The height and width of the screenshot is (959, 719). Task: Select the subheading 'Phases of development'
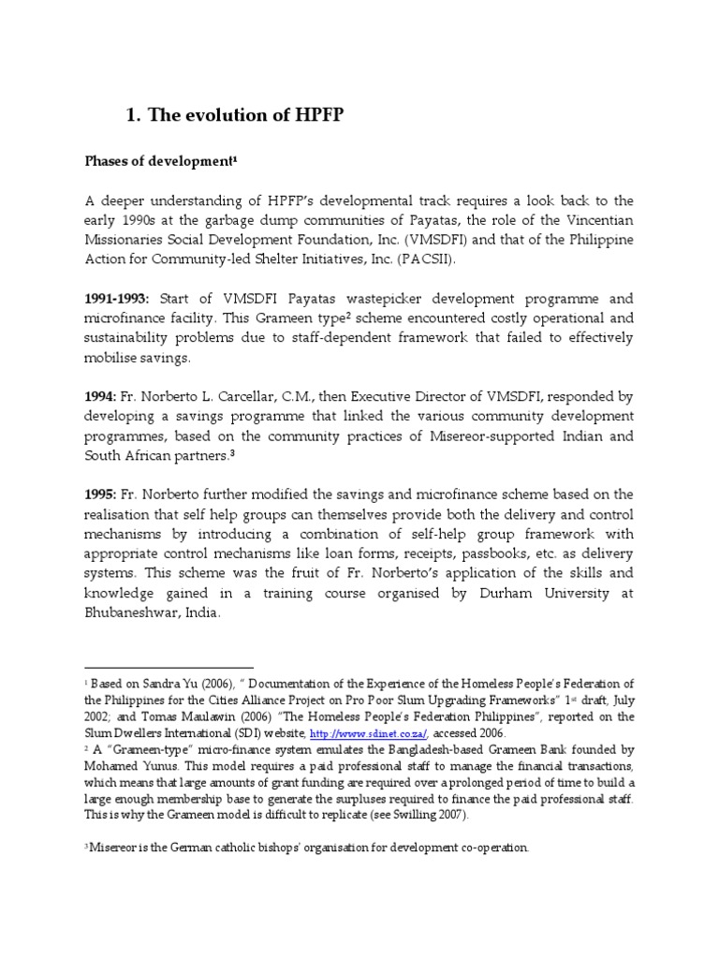tap(161, 161)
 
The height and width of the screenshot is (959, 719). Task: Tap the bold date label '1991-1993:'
tap(117, 300)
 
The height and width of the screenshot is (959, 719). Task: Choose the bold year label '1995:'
tap(100, 494)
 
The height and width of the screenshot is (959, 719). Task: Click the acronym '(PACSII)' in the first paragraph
tap(433, 259)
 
